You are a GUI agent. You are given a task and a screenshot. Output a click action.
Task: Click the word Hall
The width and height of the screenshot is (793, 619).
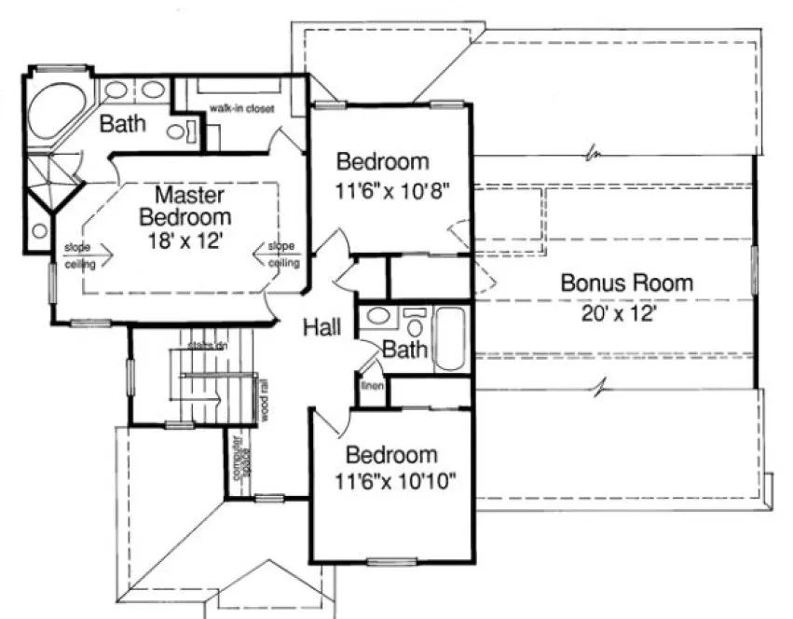(321, 327)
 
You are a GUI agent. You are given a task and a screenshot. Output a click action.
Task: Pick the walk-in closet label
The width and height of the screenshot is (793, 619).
(241, 109)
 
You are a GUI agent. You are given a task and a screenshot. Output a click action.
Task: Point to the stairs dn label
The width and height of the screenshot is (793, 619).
(207, 347)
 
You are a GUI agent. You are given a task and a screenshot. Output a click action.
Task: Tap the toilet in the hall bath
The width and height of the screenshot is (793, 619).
(415, 323)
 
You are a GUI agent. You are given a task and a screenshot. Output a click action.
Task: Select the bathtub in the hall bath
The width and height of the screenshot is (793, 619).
(452, 338)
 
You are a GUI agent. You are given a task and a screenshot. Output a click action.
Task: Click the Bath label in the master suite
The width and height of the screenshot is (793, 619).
(123, 123)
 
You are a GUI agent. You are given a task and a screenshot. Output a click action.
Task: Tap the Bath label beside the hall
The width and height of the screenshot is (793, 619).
(405, 351)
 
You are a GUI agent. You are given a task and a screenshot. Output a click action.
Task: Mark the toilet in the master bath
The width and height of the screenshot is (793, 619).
(179, 131)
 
